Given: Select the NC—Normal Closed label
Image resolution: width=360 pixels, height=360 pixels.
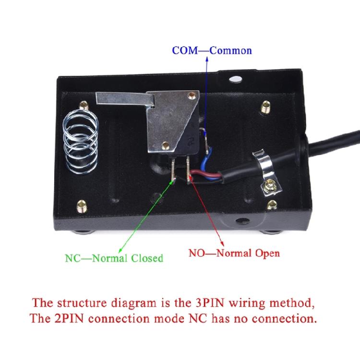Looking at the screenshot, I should tap(114, 258).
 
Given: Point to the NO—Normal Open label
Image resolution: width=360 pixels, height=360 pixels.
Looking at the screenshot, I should tap(234, 252).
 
